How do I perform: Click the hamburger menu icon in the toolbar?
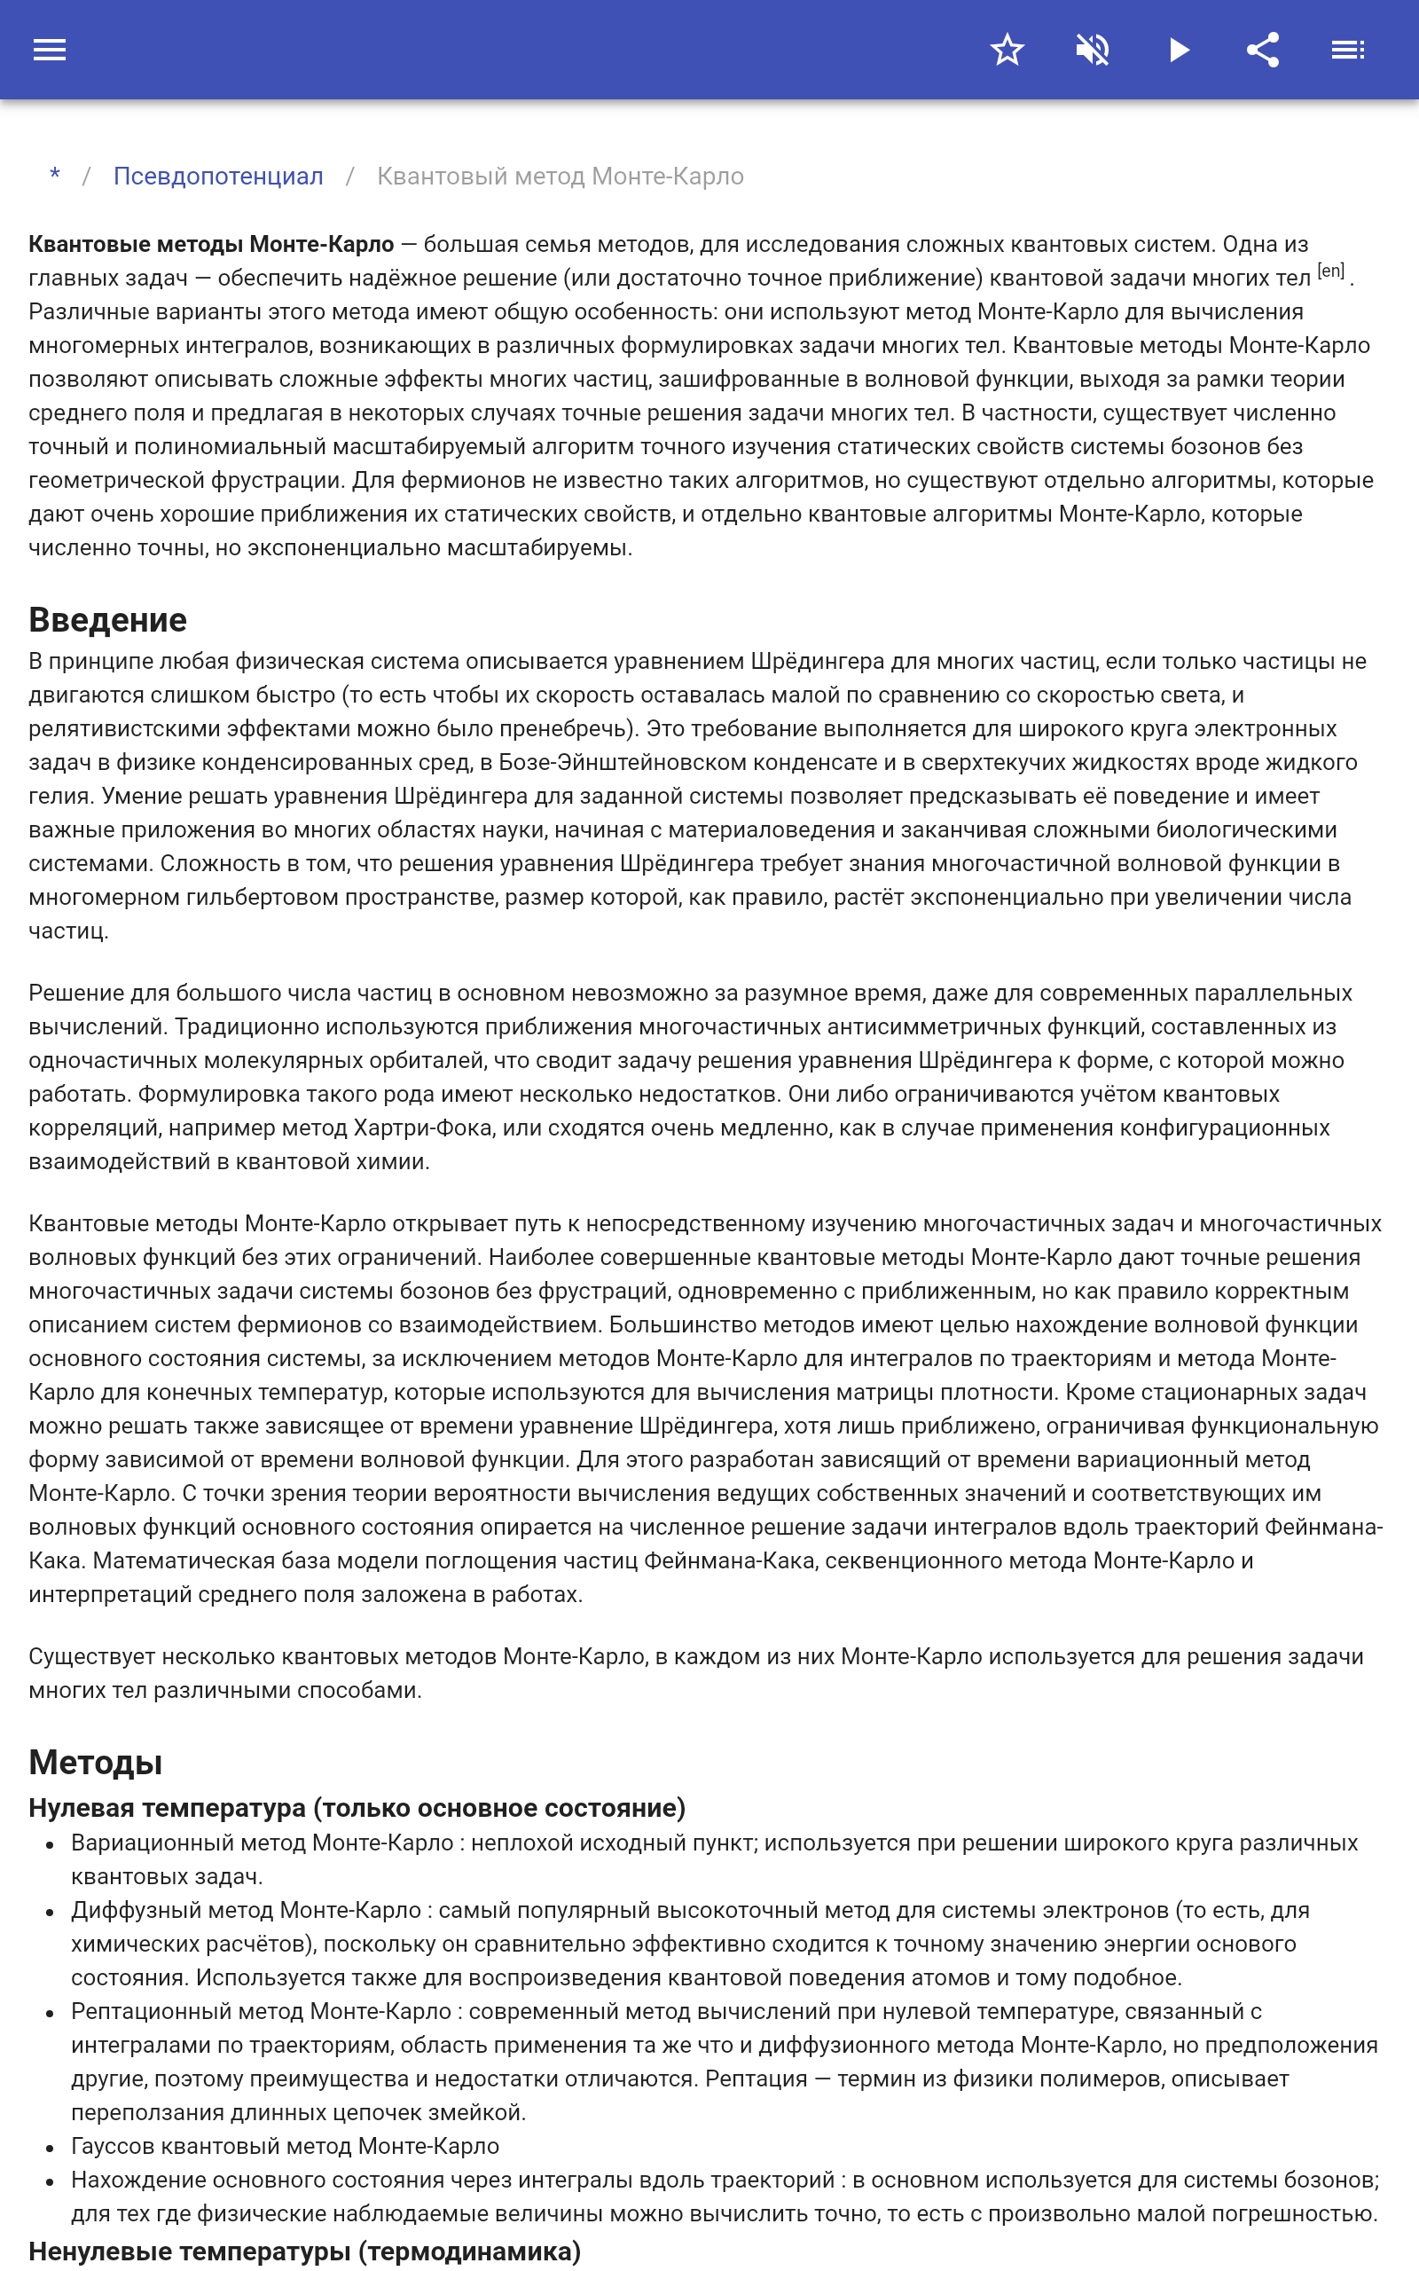[50, 50]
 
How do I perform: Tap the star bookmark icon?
[1007, 50]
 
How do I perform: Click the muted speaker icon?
[1093, 50]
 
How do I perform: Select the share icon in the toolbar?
[1263, 50]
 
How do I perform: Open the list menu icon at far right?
[1348, 50]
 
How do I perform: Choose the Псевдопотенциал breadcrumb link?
[218, 177]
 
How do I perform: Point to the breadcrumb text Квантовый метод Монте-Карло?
[560, 177]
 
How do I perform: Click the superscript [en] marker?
[1331, 271]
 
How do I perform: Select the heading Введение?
[108, 620]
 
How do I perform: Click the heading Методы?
[96, 1763]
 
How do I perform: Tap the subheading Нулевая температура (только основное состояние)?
[357, 1807]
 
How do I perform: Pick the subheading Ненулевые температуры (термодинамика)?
[304, 2251]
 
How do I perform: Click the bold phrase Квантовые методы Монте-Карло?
[211, 244]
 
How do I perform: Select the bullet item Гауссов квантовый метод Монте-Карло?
[285, 2146]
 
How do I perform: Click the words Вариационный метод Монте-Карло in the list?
[262, 1843]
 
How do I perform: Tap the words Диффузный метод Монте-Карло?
[246, 1911]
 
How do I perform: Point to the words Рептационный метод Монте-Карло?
[261, 2012]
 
